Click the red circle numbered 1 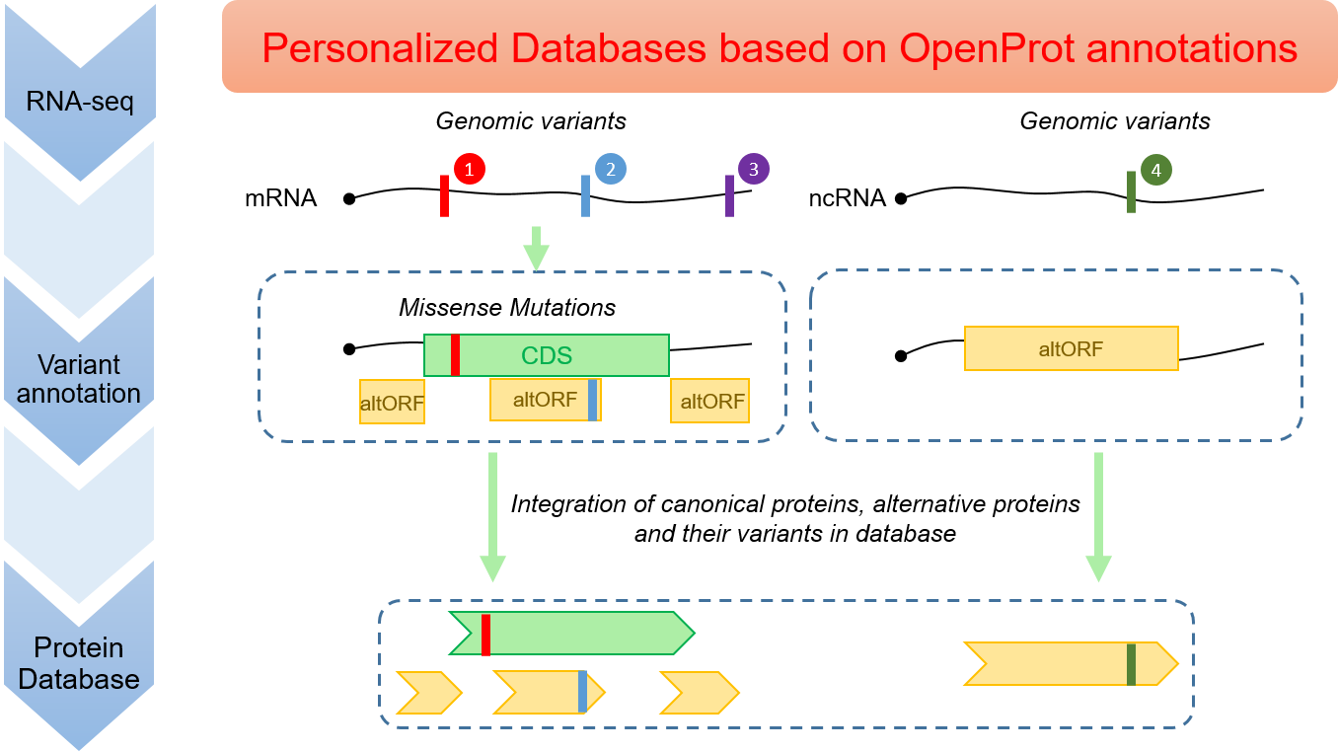click(469, 170)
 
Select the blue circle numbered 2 click(611, 170)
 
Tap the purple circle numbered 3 click(753, 169)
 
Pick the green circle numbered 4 click(1155, 170)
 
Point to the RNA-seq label click(79, 101)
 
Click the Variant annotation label click(79, 378)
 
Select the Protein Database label click(79, 663)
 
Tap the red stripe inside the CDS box click(455, 355)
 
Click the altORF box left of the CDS click(392, 402)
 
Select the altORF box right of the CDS click(710, 402)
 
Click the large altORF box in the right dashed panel click(1071, 348)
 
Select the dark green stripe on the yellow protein click(1131, 663)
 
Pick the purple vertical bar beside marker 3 click(729, 195)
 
